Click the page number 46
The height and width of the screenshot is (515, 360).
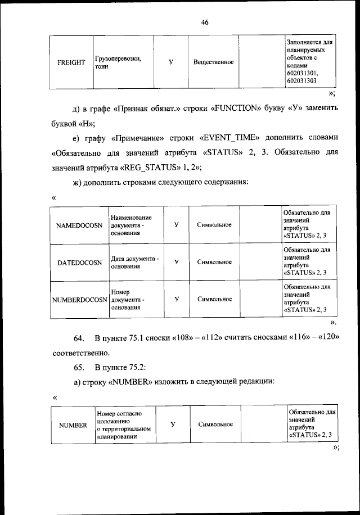(204, 22)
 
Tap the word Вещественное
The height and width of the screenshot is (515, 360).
(213, 62)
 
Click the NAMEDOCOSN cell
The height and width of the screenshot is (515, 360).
(79, 225)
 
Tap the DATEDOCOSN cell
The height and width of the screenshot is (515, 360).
(79, 262)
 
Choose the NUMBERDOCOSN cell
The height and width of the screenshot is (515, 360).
(79, 299)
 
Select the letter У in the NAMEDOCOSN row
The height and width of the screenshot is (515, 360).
(176, 225)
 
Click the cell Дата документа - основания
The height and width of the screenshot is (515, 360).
(134, 262)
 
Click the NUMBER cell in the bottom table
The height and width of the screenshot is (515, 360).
(73, 425)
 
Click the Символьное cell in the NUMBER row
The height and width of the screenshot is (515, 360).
(215, 424)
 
